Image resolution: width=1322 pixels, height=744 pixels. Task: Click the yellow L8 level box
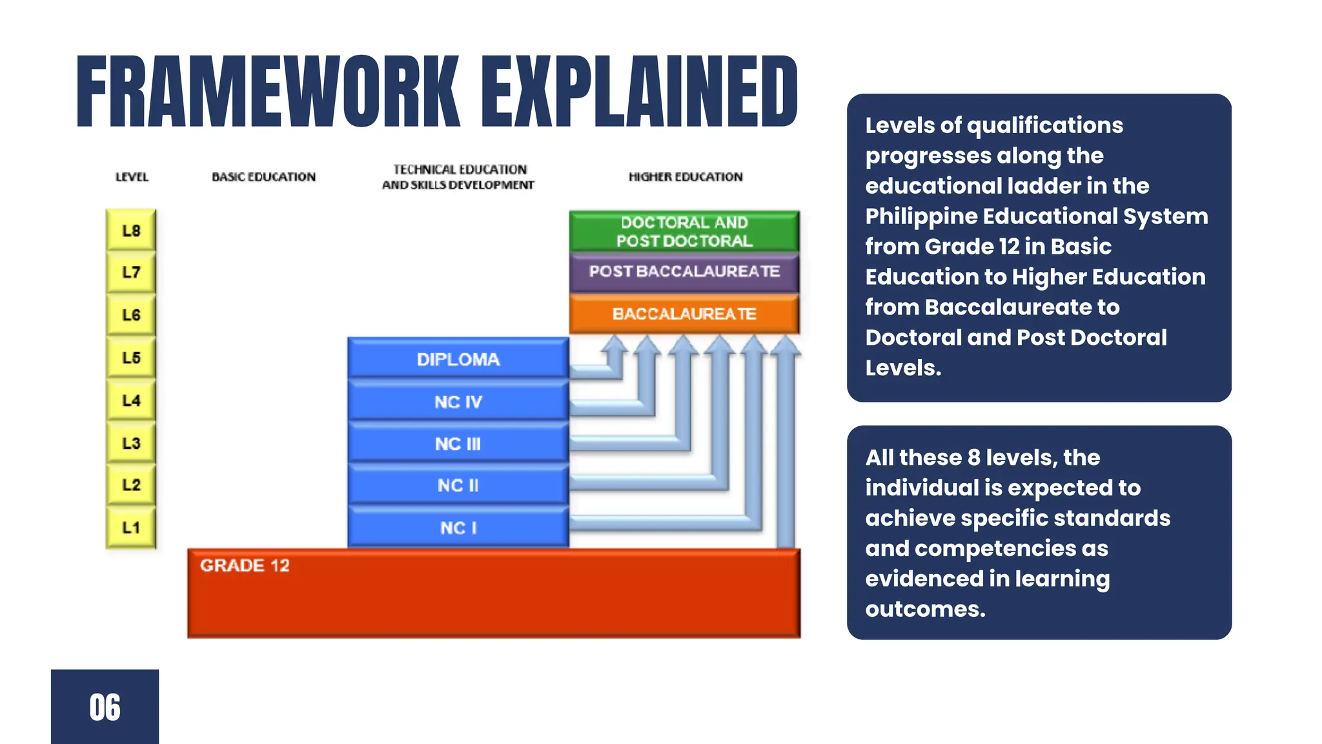click(131, 231)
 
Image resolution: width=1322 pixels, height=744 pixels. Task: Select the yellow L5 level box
click(131, 357)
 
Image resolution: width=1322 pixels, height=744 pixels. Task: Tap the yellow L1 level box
click(131, 528)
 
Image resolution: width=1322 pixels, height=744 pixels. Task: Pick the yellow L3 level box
click(131, 443)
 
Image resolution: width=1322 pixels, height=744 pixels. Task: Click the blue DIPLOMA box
click(458, 359)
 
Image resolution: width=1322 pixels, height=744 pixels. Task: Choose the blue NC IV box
click(458, 402)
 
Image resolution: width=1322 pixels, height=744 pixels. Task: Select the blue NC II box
click(458, 485)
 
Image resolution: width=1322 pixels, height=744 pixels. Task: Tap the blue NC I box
click(458, 528)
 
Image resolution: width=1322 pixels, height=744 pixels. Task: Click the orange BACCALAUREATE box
click(684, 314)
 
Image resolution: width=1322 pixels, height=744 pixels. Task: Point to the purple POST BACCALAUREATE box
click(684, 271)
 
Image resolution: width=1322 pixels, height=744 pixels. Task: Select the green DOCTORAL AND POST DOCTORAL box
click(684, 231)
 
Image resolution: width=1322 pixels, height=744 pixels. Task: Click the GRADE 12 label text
click(245, 566)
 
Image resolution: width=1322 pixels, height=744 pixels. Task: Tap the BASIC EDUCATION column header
click(263, 177)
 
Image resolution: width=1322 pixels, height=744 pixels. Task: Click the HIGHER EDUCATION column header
click(686, 177)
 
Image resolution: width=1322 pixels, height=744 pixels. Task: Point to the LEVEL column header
click(132, 177)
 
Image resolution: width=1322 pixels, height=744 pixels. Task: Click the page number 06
click(105, 707)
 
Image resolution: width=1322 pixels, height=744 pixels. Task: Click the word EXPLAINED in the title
click(639, 92)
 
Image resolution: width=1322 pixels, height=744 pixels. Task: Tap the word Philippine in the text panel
click(923, 216)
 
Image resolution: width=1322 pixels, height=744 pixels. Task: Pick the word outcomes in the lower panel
click(925, 609)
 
